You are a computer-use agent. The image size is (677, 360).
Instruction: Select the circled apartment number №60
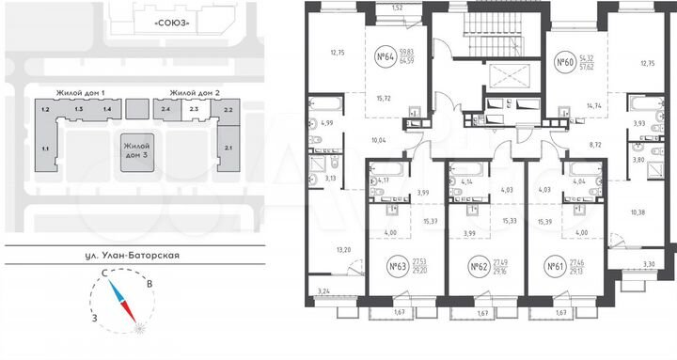pyautogui.click(x=565, y=64)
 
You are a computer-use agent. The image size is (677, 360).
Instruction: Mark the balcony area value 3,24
pyautogui.click(x=324, y=292)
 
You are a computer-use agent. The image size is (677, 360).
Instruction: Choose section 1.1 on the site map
pyautogui.click(x=44, y=149)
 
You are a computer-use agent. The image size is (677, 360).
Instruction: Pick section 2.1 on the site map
pyautogui.click(x=228, y=147)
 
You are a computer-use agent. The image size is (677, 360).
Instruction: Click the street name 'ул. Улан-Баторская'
pyautogui.click(x=135, y=255)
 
